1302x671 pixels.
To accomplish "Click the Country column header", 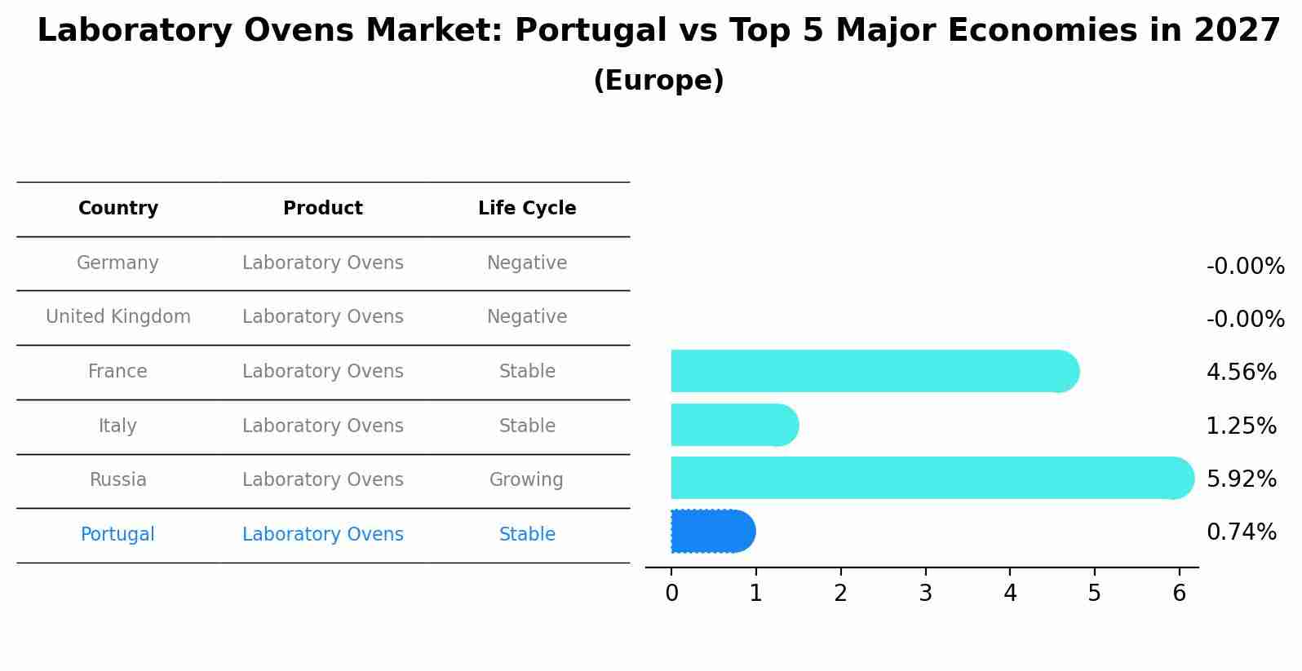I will coord(118,209).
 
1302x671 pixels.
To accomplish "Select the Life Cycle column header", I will coord(527,209).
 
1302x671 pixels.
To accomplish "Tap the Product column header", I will coord(323,209).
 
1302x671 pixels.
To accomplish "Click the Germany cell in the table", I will coord(117,263).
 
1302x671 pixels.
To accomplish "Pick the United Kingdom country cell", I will coord(118,317).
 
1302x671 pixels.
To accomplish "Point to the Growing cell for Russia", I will coord(526,480).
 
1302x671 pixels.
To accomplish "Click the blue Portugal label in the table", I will coord(117,535).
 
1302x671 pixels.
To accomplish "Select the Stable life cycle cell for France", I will coord(527,372).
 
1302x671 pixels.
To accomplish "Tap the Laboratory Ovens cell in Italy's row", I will coord(323,426).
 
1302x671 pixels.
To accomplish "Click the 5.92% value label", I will coord(1241,479).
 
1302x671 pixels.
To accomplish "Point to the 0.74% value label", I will coord(1241,532).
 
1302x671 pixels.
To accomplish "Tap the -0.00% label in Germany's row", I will coord(1245,267).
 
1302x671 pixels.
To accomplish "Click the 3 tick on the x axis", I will coord(925,594).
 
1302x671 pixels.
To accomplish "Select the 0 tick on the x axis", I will coord(671,594).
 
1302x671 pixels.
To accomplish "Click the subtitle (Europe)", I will coord(658,81).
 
